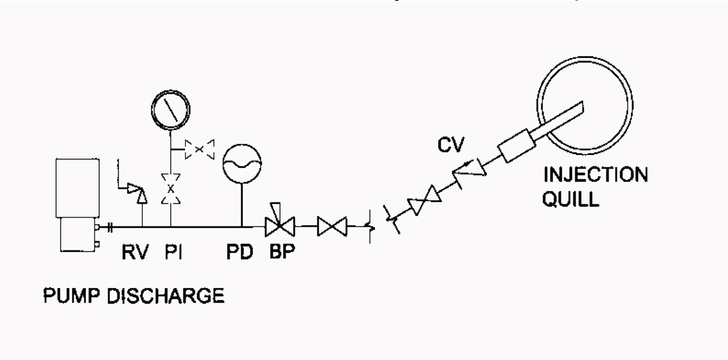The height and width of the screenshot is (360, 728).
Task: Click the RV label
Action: click(135, 252)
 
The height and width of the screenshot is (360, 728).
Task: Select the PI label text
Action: click(173, 252)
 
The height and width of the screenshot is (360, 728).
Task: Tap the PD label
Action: click(240, 252)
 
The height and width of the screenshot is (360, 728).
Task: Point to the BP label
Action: click(282, 251)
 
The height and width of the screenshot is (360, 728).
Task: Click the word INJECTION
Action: click(595, 175)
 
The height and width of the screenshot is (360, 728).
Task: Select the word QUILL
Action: click(571, 199)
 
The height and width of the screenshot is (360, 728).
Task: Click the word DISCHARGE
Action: click(165, 296)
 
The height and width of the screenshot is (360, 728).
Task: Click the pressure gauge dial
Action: click(171, 109)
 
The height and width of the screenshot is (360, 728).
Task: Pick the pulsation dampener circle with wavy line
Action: click(242, 163)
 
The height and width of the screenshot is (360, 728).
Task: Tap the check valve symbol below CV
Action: click(469, 169)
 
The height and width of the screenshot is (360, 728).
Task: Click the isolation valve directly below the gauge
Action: click(171, 189)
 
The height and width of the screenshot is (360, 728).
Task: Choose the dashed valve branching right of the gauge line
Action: click(200, 149)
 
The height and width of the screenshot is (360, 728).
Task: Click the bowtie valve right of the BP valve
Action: click(332, 227)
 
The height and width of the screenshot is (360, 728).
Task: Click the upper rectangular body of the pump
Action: click(77, 188)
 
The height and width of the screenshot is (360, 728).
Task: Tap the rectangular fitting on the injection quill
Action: click(517, 145)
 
